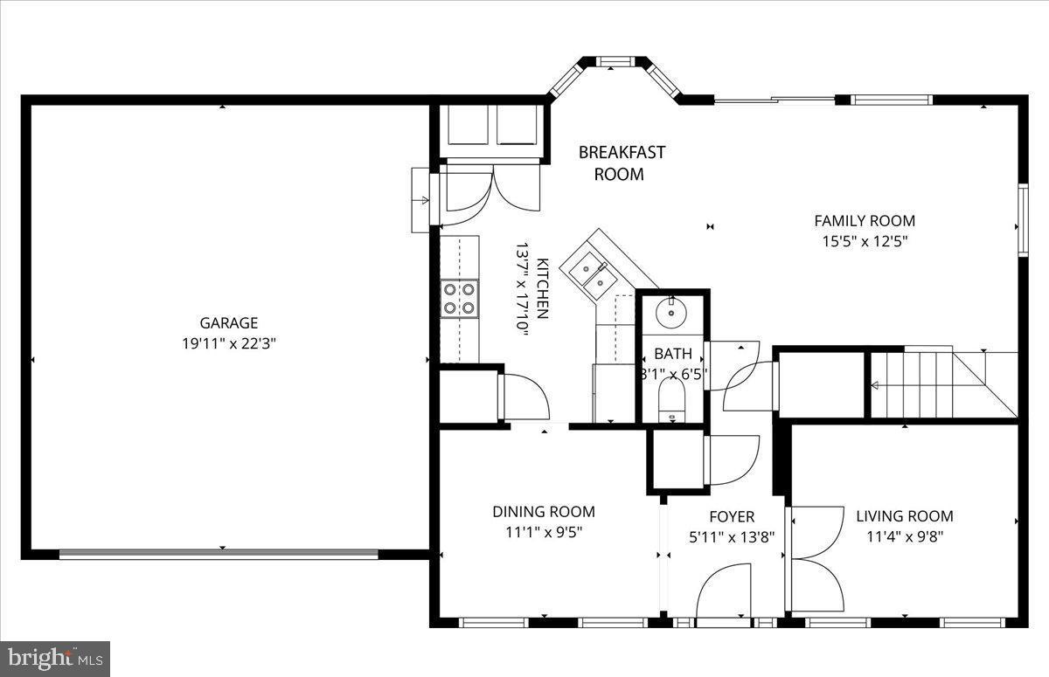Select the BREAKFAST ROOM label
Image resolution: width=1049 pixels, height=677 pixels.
point(622,163)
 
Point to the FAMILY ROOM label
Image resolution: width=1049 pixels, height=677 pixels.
point(865,221)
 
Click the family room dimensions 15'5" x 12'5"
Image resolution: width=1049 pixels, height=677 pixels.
point(865,241)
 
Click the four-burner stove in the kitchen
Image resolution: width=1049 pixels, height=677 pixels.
point(459,297)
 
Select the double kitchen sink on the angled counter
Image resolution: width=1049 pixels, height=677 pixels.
point(592,272)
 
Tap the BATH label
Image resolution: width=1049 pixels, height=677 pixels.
point(673,354)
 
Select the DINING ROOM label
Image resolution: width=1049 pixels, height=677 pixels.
point(543,512)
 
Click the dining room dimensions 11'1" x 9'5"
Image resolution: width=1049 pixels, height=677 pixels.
point(543,532)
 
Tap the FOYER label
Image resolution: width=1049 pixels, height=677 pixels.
point(732,517)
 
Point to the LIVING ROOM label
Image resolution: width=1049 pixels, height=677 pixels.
point(904,516)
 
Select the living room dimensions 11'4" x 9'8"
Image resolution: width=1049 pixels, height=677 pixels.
point(904,536)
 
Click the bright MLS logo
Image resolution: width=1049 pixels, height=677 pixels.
point(55,658)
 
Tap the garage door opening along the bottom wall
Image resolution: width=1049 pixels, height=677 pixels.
point(219,554)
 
